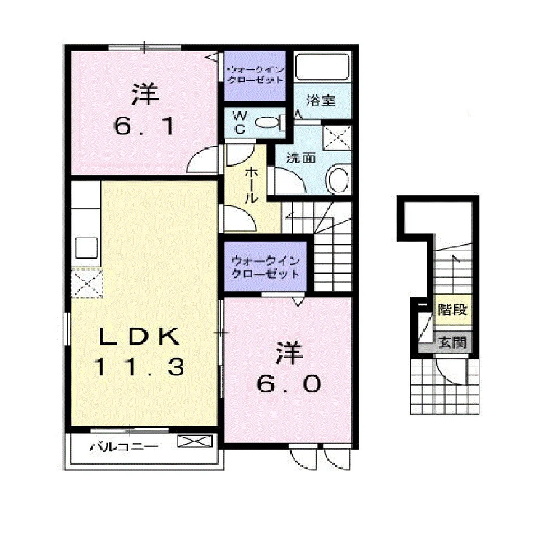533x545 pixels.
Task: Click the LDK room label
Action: (139, 337)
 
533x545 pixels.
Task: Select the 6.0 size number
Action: (288, 384)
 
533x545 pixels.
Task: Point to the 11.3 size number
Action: (139, 367)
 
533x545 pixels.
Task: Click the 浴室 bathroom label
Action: (321, 101)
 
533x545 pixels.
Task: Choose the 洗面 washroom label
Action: (301, 158)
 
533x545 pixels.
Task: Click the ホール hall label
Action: (251, 185)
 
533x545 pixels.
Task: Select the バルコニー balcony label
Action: (124, 446)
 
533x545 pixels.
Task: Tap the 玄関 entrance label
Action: (452, 342)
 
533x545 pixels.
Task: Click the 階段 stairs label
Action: (452, 309)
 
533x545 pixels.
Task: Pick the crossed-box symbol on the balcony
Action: (195, 441)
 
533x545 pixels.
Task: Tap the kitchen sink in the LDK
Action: (86, 248)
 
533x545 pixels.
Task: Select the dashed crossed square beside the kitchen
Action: (87, 283)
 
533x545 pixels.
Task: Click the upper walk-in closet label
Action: (255, 75)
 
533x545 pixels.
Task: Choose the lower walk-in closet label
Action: (265, 267)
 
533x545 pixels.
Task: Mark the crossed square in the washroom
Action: (337, 138)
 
